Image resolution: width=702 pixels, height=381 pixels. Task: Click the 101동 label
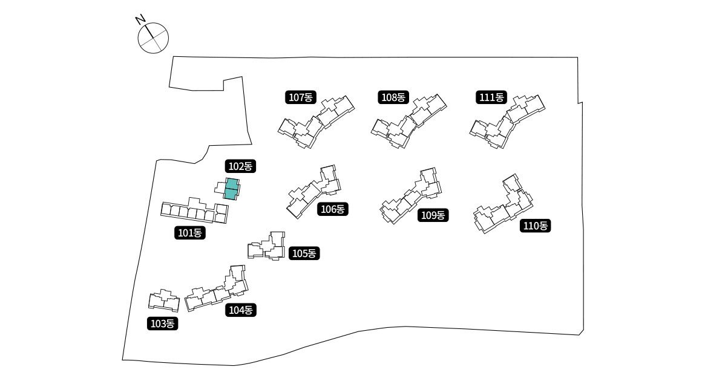point(191,232)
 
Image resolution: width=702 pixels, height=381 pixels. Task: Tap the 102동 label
point(241,166)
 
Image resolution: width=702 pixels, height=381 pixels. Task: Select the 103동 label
point(162,324)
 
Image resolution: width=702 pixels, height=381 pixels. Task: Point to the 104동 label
point(241,310)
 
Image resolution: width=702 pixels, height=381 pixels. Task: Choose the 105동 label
point(304,253)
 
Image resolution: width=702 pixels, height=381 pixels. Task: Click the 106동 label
point(332,209)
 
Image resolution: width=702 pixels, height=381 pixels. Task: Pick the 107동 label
point(300,97)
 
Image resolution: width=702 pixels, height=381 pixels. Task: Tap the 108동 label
point(394,97)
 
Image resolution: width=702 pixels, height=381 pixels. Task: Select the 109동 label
point(433,215)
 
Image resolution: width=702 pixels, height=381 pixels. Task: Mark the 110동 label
point(536,226)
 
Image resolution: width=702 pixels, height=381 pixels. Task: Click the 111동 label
point(491,97)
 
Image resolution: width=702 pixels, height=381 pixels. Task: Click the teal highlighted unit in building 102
point(231,189)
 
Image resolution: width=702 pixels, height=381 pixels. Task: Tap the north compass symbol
point(153,38)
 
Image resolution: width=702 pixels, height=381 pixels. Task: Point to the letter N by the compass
point(140,20)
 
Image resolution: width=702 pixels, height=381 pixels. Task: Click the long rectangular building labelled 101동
point(195,211)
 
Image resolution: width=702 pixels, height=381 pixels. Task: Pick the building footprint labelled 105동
point(267,247)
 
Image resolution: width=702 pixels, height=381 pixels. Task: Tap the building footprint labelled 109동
point(412,197)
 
